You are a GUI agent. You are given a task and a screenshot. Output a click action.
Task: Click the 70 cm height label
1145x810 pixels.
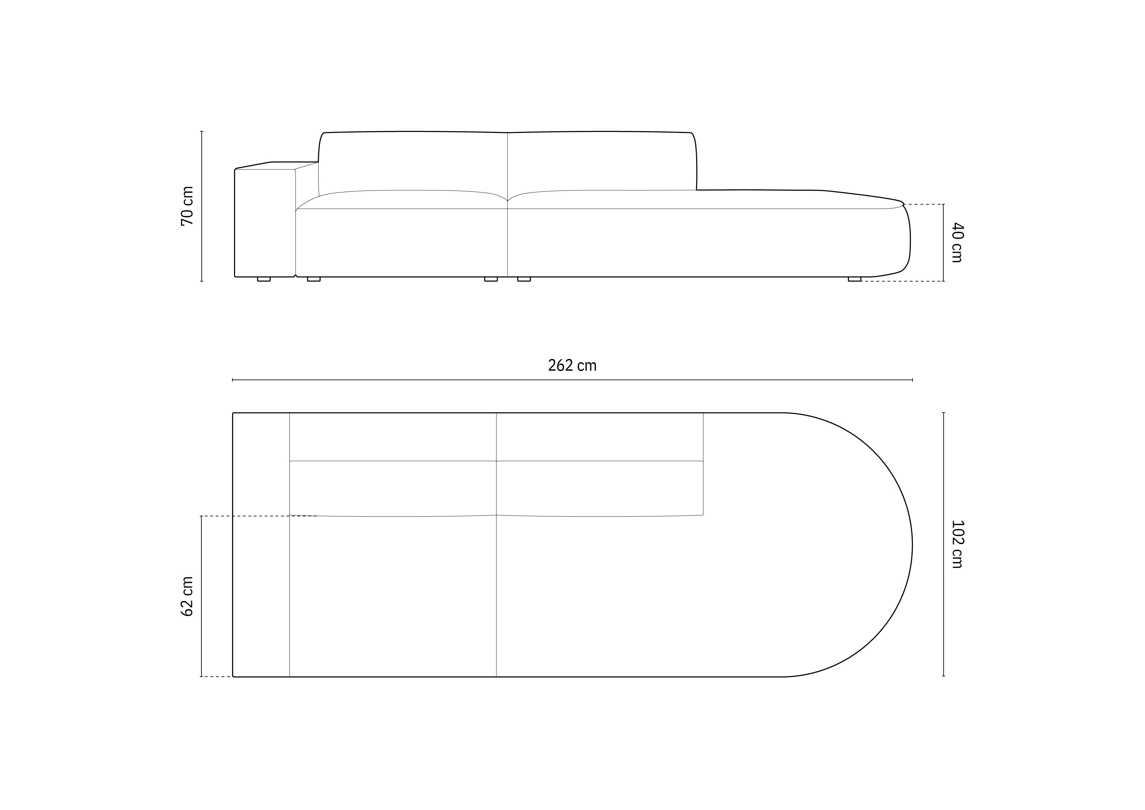point(187,206)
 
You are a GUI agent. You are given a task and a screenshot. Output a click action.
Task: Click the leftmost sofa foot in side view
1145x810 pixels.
point(264,279)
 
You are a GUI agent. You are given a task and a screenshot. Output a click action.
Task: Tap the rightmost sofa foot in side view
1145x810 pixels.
point(854,279)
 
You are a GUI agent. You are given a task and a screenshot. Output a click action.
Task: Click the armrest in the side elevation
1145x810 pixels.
point(265,222)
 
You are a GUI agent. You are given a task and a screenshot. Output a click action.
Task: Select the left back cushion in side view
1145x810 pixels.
point(413,161)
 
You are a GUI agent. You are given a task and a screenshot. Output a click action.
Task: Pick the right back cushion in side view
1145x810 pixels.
point(601,161)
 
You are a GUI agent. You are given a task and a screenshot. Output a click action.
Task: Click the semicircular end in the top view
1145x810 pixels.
point(848,544)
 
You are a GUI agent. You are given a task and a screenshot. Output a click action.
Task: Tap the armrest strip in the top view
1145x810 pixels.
point(261,544)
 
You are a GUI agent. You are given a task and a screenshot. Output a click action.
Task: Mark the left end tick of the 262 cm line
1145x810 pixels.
point(233,380)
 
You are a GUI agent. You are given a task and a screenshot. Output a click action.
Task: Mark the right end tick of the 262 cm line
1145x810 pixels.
point(912,380)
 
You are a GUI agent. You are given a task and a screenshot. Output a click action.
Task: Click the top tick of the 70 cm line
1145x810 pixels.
point(201,131)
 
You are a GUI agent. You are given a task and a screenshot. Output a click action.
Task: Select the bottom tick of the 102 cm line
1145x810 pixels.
point(943,676)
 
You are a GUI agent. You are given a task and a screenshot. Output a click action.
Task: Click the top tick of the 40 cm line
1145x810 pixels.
point(943,204)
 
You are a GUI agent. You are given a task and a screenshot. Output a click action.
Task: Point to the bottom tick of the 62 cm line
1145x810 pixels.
point(201,677)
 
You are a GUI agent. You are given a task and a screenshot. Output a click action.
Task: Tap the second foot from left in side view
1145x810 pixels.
point(314,279)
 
